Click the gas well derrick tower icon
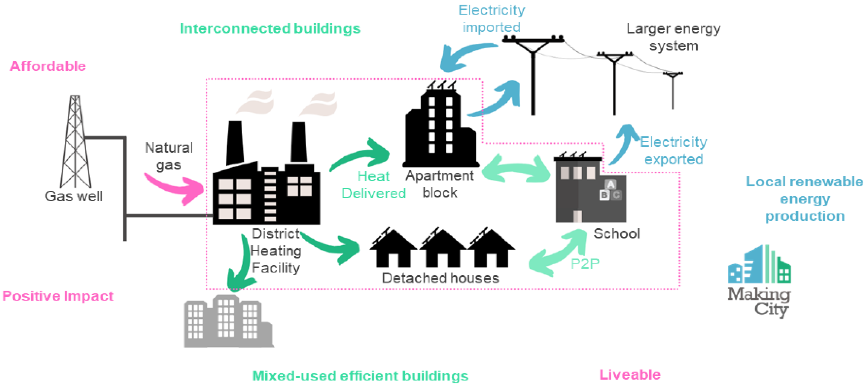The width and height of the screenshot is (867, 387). click(75, 141)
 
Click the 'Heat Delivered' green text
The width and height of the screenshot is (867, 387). click(374, 184)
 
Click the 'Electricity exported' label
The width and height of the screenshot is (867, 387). click(673, 150)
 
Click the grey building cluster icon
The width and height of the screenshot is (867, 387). click(228, 321)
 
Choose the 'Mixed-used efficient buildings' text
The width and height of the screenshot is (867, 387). click(360, 375)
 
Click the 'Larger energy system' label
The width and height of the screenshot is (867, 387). click(673, 37)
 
